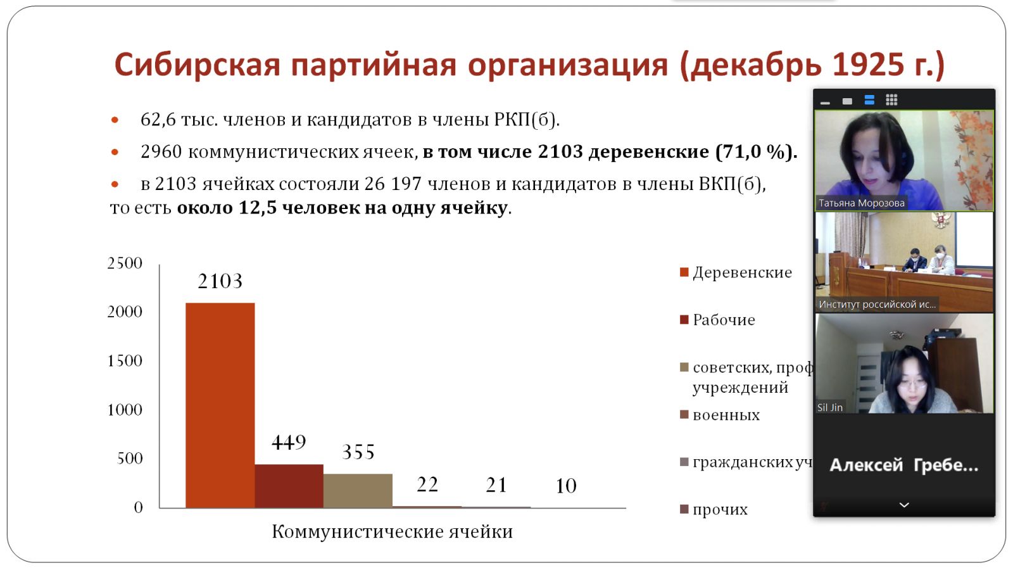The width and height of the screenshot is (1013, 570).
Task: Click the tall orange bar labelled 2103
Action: (x=220, y=405)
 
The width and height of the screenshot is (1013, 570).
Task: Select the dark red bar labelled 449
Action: (x=289, y=486)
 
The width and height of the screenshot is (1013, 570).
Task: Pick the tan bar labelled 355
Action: (x=358, y=491)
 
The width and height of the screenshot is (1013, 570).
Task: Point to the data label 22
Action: (x=427, y=484)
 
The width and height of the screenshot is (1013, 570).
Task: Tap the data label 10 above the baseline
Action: (x=566, y=486)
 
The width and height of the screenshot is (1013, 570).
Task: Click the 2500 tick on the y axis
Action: (x=125, y=263)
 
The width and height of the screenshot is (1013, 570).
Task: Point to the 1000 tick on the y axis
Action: (x=125, y=410)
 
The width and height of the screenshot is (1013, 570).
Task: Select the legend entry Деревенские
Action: (x=742, y=272)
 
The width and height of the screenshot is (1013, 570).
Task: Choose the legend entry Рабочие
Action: (x=724, y=320)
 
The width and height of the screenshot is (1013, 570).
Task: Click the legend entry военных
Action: (x=726, y=415)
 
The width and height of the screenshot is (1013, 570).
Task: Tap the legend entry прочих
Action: (x=720, y=509)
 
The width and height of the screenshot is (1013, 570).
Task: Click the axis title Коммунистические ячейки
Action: (x=392, y=531)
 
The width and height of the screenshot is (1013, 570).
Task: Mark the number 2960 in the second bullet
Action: (x=161, y=152)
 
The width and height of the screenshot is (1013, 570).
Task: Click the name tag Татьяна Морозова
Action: (x=861, y=203)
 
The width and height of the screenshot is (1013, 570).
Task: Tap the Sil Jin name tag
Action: (x=829, y=407)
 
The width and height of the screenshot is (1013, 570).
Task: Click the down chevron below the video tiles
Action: (x=904, y=505)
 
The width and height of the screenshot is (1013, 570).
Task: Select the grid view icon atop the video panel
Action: (x=891, y=100)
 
